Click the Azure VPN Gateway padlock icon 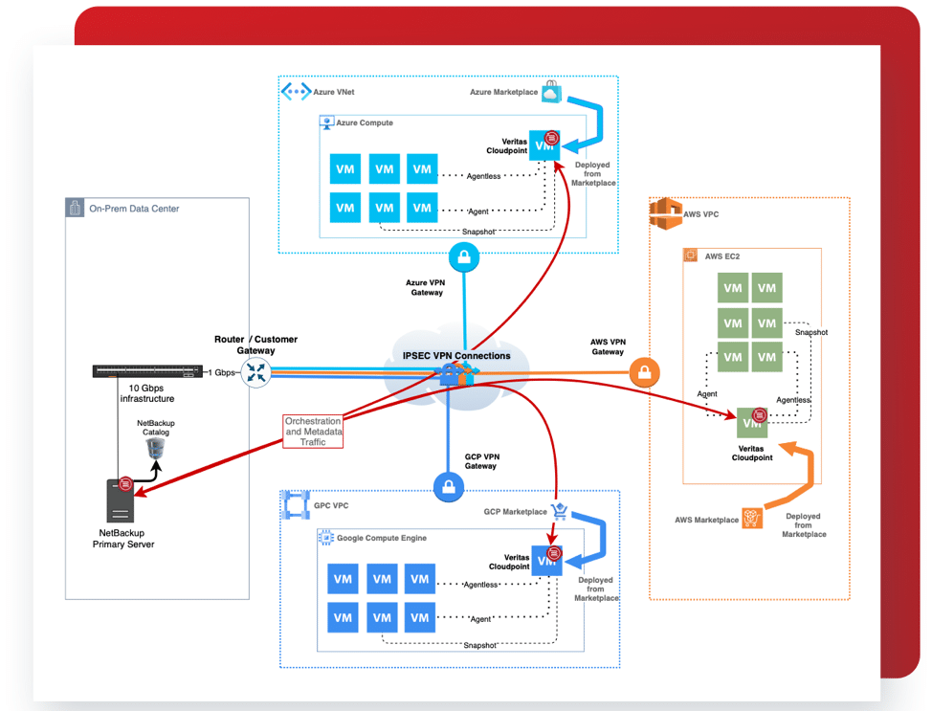click(x=464, y=256)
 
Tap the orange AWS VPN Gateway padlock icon click(x=645, y=371)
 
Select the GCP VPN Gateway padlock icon click(x=449, y=487)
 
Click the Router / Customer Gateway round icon click(x=256, y=372)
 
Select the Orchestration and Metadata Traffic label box click(x=313, y=432)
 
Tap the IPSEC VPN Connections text click(x=456, y=356)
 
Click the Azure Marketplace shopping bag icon click(x=550, y=92)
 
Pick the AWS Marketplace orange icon click(x=753, y=519)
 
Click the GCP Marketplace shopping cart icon click(x=560, y=512)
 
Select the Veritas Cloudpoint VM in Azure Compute click(x=544, y=145)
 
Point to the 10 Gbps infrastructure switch click(x=147, y=371)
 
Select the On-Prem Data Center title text click(x=134, y=209)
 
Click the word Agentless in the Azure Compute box click(x=483, y=176)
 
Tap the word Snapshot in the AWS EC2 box click(x=811, y=333)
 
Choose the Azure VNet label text click(x=333, y=93)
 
